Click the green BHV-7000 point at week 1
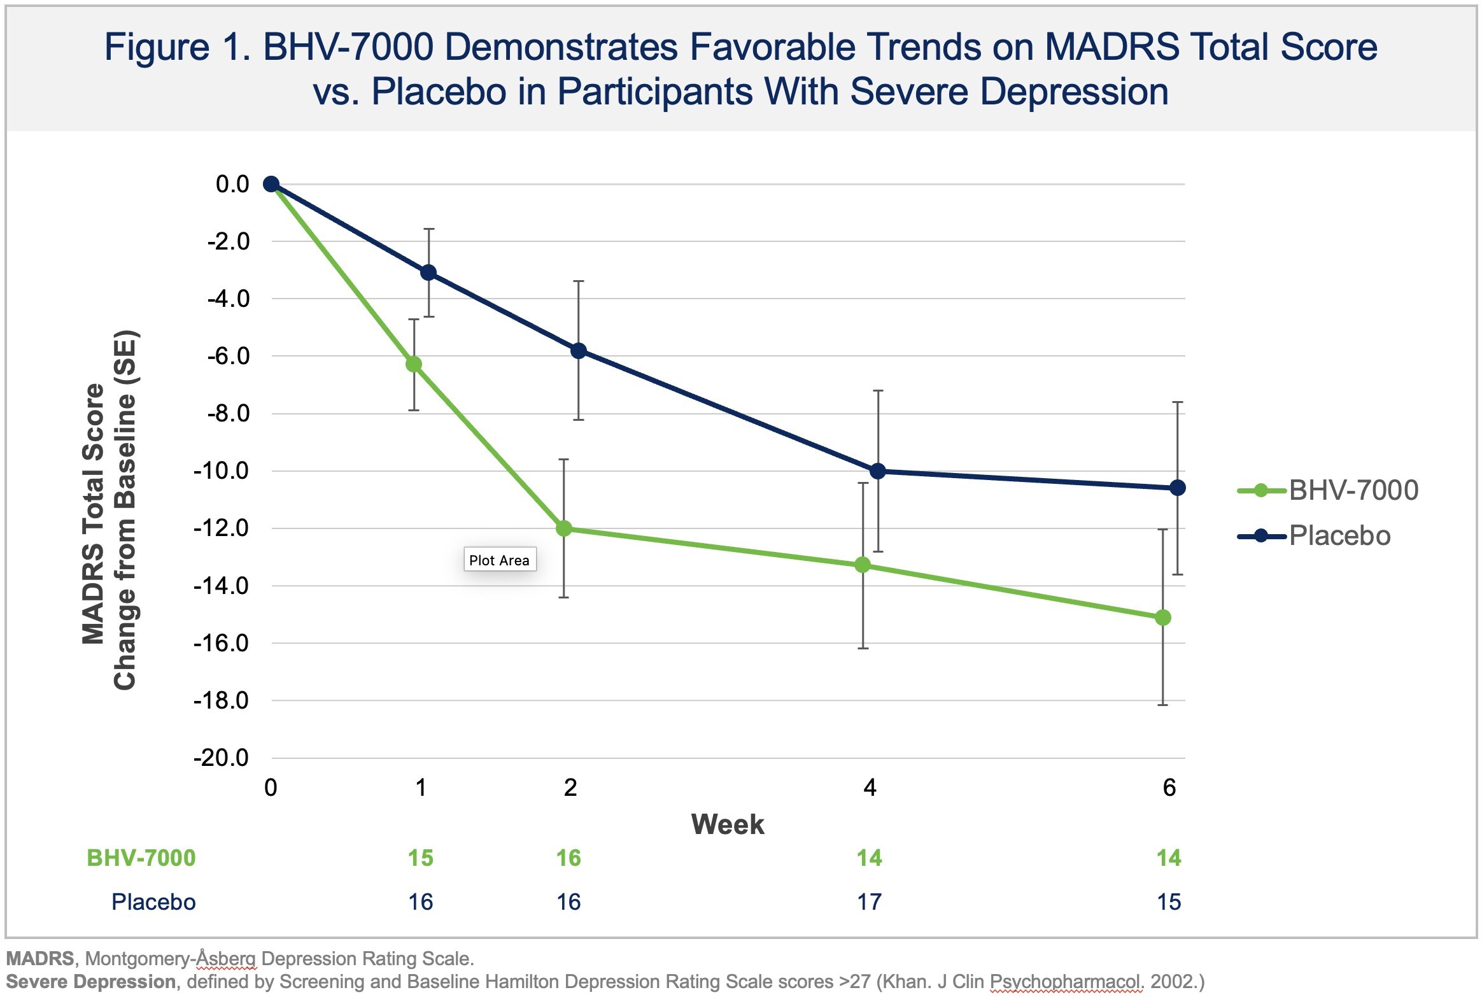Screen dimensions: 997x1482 (x=414, y=364)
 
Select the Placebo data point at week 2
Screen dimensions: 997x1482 (x=579, y=351)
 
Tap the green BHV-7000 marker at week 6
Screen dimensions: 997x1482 (x=1162, y=618)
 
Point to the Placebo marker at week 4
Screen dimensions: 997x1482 (x=878, y=471)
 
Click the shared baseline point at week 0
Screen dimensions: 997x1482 (x=271, y=184)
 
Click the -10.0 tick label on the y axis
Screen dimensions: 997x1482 (x=222, y=471)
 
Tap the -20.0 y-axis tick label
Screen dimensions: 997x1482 (x=222, y=758)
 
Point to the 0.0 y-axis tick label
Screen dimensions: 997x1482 (x=232, y=184)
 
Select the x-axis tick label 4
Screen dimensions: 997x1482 (x=870, y=788)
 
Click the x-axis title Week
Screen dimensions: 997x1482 (x=728, y=824)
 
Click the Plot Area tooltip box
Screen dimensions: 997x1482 (x=500, y=560)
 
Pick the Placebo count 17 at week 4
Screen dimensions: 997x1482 (x=869, y=902)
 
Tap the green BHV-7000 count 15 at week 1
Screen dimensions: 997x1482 (x=421, y=858)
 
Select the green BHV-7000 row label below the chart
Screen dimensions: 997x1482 (x=141, y=858)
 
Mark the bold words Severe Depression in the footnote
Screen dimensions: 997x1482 (x=91, y=982)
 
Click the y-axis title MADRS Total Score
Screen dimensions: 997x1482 (x=94, y=513)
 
